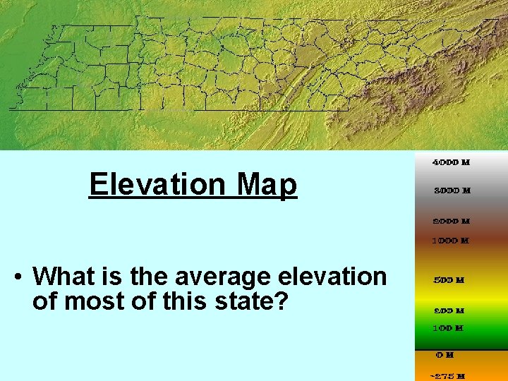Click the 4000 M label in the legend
pyautogui.click(x=451, y=162)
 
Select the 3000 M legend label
pyautogui.click(x=451, y=190)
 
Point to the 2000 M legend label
pyautogui.click(x=451, y=221)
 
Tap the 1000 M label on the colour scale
pyautogui.click(x=451, y=241)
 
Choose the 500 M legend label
pyautogui.click(x=449, y=280)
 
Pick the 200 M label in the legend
pyautogui.click(x=449, y=310)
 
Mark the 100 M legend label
pyautogui.click(x=449, y=328)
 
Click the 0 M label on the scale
pyautogui.click(x=445, y=355)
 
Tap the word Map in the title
pyautogui.click(x=267, y=185)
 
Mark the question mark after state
pyautogui.click(x=282, y=302)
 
